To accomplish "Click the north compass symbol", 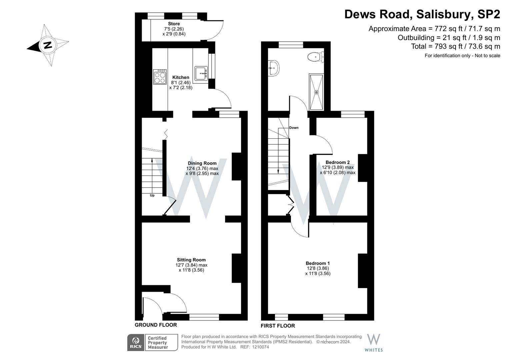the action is (x=48, y=45).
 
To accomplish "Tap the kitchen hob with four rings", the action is (x=160, y=77).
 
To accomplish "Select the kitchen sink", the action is (x=201, y=73).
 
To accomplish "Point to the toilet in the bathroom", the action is (x=316, y=57).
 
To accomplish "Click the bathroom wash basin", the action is (x=274, y=68).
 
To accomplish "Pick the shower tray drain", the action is (x=316, y=92).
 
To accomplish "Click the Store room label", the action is (x=174, y=24).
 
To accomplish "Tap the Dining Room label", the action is (x=202, y=163).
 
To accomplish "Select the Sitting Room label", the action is (x=191, y=260).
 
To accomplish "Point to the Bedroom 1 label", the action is (x=318, y=263).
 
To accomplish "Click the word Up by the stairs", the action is (x=152, y=195).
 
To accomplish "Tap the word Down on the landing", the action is (x=294, y=128).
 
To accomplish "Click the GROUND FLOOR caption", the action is (x=156, y=325).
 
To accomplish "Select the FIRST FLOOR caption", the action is (x=278, y=326).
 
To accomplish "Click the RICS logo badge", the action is (x=136, y=343).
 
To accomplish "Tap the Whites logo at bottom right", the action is (x=374, y=343).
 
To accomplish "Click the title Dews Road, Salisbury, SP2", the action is (x=422, y=14).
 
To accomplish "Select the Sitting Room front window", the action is (x=204, y=317).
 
